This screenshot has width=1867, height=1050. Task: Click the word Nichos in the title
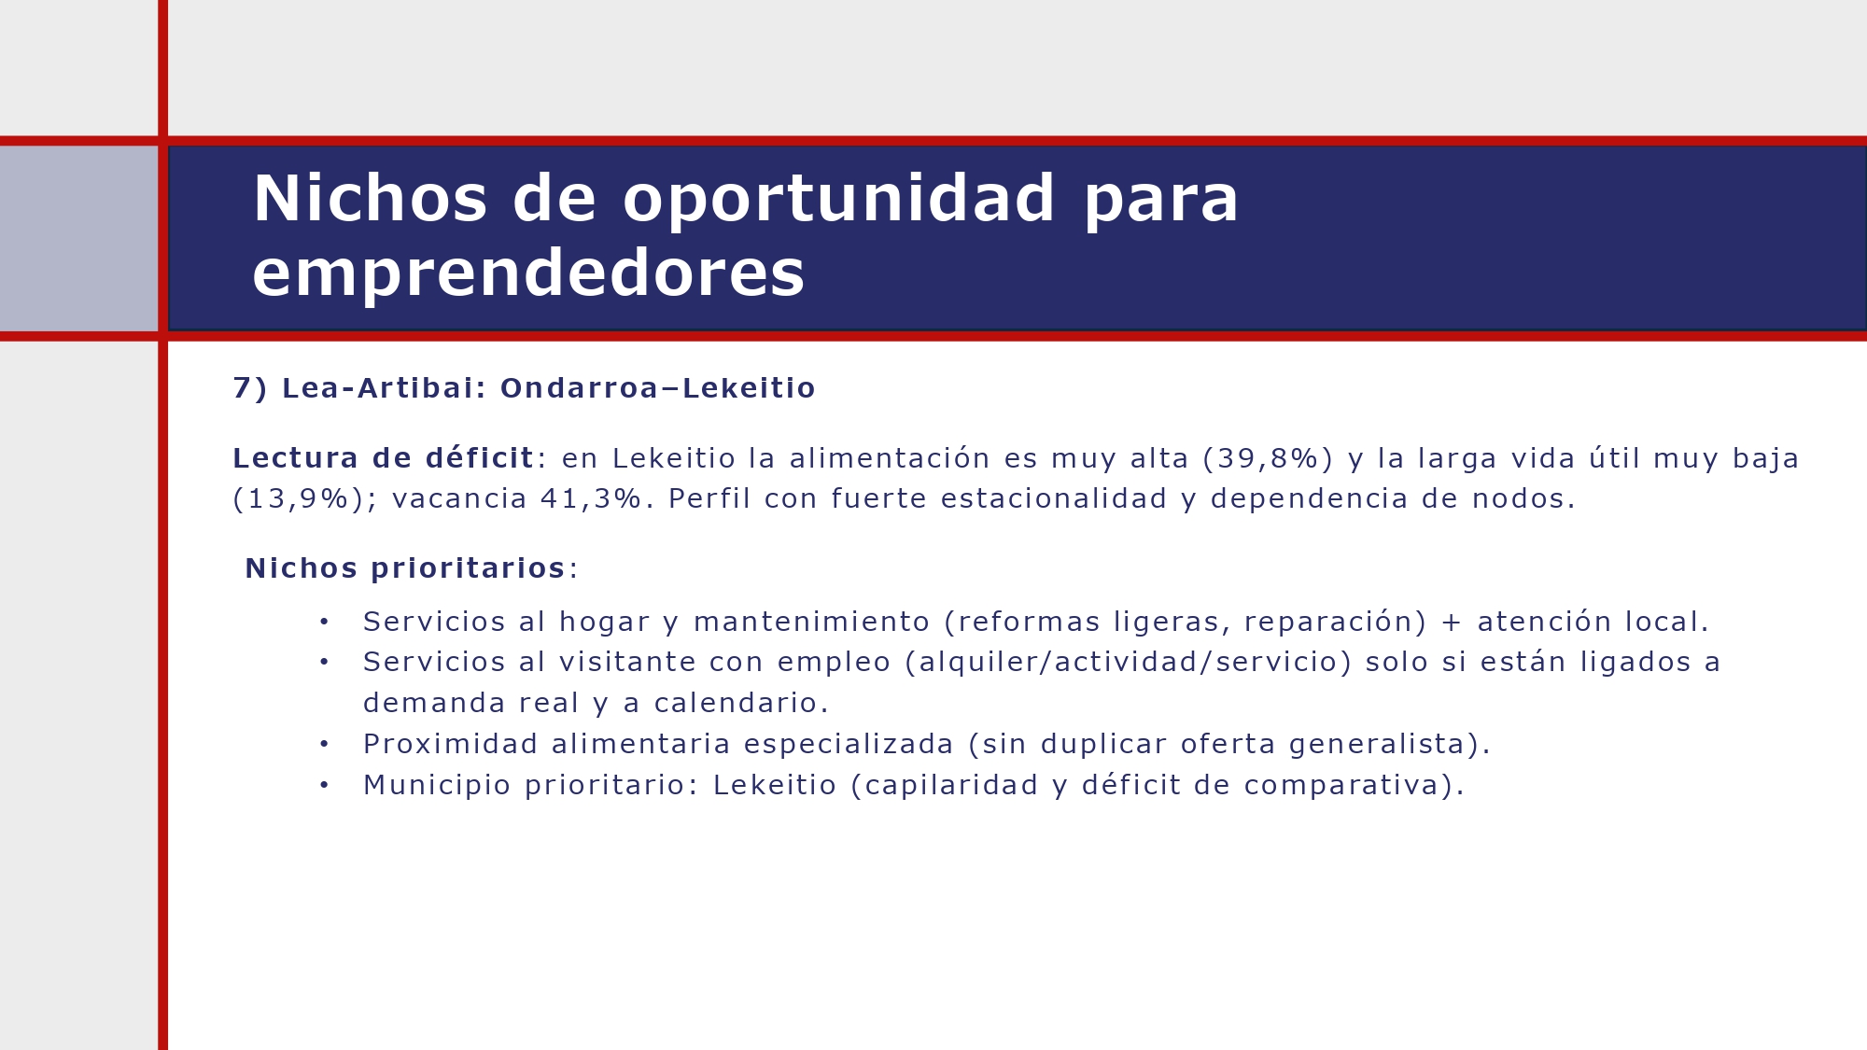pyautogui.click(x=370, y=199)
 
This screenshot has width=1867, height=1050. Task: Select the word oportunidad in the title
pyautogui.click(x=838, y=199)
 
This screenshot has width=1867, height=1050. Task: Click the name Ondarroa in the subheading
pyautogui.click(x=579, y=388)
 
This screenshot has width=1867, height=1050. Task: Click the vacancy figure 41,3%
pyautogui.click(x=591, y=499)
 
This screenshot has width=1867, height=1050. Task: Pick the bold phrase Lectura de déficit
pyautogui.click(x=383, y=458)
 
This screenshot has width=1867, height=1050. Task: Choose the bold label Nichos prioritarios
pyautogui.click(x=405, y=568)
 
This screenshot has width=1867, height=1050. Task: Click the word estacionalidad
pyautogui.click(x=1054, y=499)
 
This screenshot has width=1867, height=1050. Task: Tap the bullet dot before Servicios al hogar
pyautogui.click(x=324, y=622)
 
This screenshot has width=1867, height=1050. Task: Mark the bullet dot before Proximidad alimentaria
pyautogui.click(x=324, y=745)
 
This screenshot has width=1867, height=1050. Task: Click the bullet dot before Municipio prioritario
pyautogui.click(x=324, y=786)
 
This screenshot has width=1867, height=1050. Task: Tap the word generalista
pyautogui.click(x=1377, y=745)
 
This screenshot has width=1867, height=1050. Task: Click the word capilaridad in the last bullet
pyautogui.click(x=951, y=786)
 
